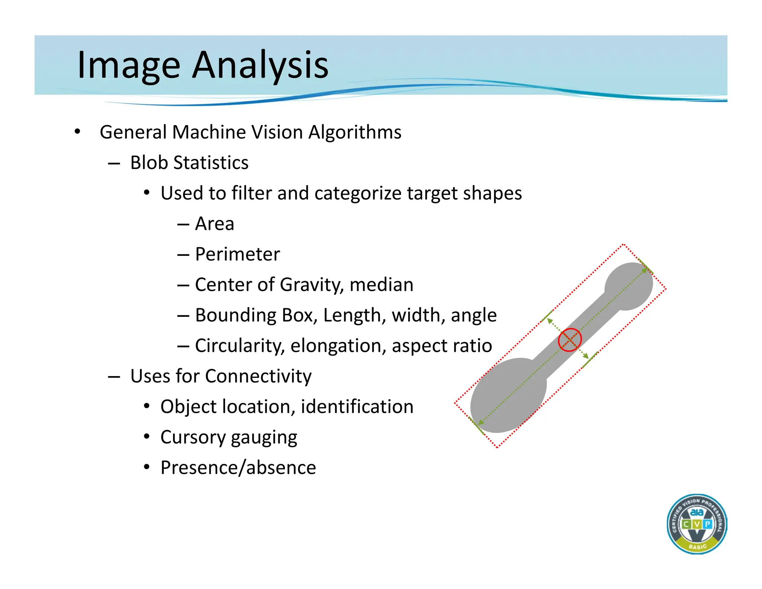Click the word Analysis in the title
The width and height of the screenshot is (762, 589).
260,65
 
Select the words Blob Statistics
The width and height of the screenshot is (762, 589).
189,163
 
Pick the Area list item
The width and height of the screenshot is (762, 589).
214,224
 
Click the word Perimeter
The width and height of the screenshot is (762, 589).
237,254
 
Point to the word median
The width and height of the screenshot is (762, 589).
381,285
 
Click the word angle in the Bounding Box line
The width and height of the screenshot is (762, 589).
474,316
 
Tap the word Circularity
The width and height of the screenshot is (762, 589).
240,346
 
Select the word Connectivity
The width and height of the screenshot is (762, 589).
258,376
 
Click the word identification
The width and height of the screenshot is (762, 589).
357,407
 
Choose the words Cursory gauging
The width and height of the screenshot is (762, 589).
228,437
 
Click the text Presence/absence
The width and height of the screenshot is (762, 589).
238,468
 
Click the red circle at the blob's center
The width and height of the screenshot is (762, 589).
570,340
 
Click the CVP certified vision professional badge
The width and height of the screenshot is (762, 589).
697,524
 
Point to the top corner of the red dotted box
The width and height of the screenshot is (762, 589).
623,245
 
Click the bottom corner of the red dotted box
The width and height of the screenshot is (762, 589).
497,447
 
